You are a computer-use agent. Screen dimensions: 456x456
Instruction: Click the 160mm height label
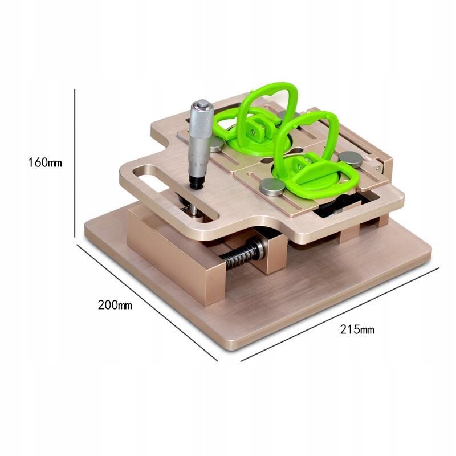[x=45, y=162]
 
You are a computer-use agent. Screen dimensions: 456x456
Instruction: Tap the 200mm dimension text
[x=115, y=305]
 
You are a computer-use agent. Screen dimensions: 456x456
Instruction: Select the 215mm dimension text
[x=357, y=330]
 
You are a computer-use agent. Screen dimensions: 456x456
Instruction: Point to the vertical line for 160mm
[x=75, y=163]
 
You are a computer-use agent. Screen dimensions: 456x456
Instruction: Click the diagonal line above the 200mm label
[x=147, y=303]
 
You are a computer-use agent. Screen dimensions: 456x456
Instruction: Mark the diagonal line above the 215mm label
[x=340, y=315]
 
